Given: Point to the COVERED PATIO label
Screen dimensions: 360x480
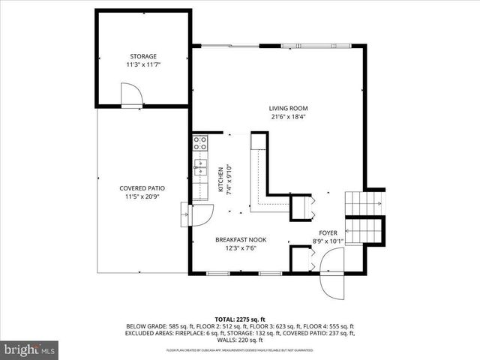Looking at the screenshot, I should point(142,188).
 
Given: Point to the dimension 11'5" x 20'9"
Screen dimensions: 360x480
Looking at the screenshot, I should point(142,196).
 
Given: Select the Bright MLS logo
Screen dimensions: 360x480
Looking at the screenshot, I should point(30,349).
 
